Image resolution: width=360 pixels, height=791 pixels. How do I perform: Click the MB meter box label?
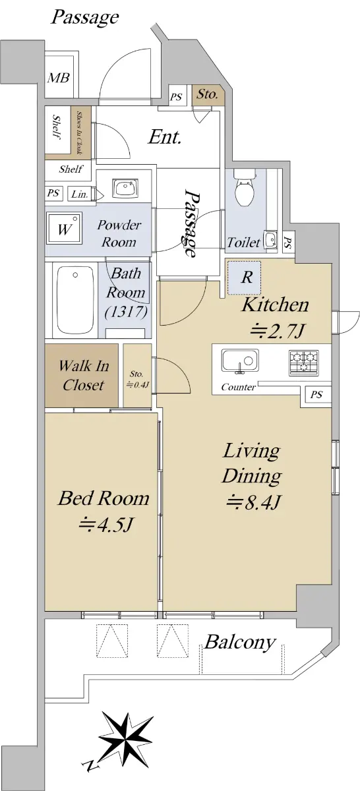coord(59,78)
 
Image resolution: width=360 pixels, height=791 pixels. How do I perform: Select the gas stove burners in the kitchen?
coord(304,363)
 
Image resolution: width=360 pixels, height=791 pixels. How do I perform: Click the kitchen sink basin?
coord(240,361)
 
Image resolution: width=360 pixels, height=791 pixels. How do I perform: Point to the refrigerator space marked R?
coord(244,278)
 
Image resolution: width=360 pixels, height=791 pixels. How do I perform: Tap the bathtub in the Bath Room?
coord(75,299)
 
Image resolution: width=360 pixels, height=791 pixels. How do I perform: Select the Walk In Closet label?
coord(83,375)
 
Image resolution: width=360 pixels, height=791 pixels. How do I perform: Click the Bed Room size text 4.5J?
coord(105,524)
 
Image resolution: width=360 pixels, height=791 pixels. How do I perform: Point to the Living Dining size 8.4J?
coord(253,502)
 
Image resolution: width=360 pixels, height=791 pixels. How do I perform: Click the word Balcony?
coord(240,642)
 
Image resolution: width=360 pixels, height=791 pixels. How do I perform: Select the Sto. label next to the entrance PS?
coord(207,94)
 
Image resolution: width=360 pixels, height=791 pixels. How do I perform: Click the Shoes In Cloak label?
coord(79,132)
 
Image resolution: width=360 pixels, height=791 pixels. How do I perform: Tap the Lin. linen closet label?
coord(80,194)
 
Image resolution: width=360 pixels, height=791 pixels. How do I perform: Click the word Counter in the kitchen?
coord(238,387)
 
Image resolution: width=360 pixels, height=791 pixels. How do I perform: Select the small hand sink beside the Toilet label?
coord(270,239)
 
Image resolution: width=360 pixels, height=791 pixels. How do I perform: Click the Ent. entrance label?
coord(165,136)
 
